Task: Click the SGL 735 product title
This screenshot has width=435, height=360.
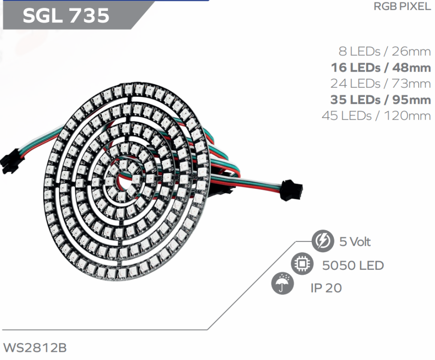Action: click(x=66, y=15)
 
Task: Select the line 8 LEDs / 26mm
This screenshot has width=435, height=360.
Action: click(x=385, y=51)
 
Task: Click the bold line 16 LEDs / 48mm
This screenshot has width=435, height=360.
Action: click(x=381, y=67)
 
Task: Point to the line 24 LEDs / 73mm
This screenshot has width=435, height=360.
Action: click(x=381, y=83)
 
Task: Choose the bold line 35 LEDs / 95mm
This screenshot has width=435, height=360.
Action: click(x=381, y=99)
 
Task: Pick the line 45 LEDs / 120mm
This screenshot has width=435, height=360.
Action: click(x=376, y=115)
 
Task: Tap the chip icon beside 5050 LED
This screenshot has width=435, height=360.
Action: click(x=301, y=264)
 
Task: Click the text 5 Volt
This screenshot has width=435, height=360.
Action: click(x=355, y=242)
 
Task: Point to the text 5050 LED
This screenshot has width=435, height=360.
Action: click(x=353, y=265)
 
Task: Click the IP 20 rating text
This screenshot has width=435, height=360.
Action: click(x=326, y=288)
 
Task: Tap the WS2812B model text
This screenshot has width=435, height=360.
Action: click(x=35, y=348)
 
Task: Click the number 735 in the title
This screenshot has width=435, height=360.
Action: click(x=89, y=15)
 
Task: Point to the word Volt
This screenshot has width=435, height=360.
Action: click(x=360, y=242)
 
